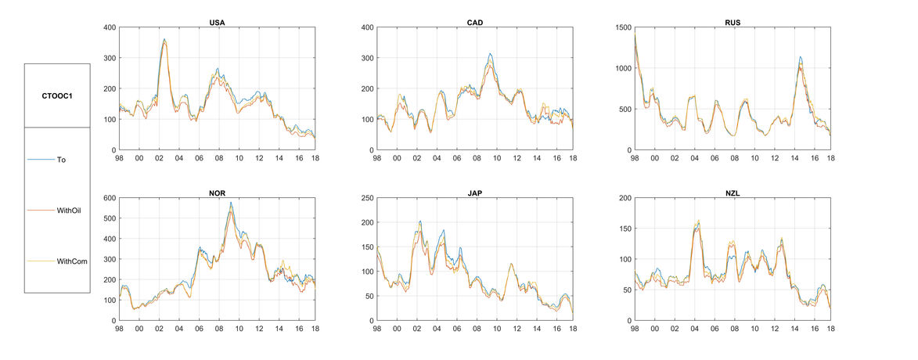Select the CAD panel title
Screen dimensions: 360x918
coord(474,22)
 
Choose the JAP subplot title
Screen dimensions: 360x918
coord(474,193)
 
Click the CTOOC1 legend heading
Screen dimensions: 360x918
coord(57,95)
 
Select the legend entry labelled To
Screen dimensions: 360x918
coord(61,159)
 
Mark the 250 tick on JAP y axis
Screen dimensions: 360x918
coord(363,198)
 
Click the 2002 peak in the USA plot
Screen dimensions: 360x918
coord(164,39)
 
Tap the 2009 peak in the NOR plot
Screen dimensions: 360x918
coord(231,203)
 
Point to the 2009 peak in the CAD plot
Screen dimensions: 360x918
coord(490,54)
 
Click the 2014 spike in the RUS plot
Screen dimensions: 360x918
coord(801,57)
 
